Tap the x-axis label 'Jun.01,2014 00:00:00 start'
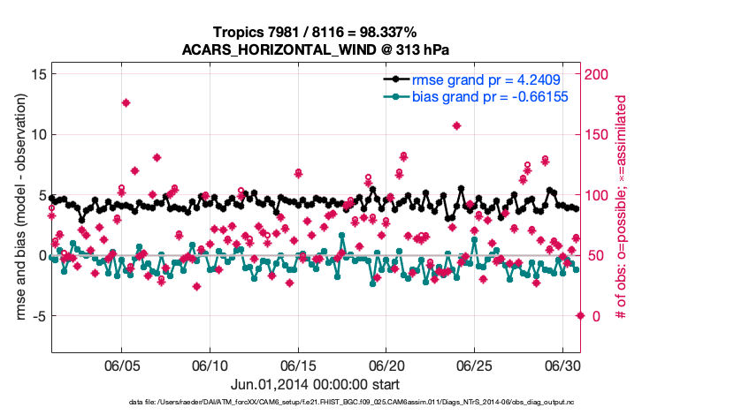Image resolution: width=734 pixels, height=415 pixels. pyautogui.click(x=315, y=384)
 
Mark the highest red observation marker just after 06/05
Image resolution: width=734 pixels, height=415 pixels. pyautogui.click(x=126, y=103)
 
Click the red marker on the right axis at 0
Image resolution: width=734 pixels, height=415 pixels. pyautogui.click(x=580, y=315)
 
